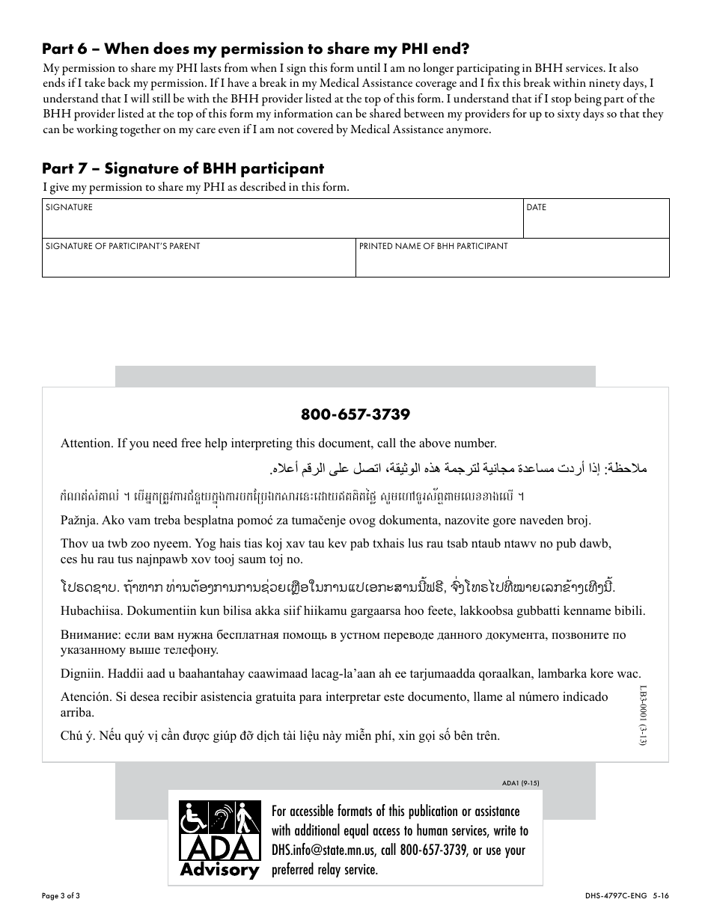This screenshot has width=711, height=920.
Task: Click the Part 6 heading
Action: (x=255, y=49)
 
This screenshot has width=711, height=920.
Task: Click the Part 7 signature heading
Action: (x=183, y=168)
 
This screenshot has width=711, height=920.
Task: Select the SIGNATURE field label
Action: (x=69, y=207)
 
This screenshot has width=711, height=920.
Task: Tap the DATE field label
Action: (x=536, y=207)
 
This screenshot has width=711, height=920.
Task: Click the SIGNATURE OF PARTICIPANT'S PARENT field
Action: (x=198, y=258)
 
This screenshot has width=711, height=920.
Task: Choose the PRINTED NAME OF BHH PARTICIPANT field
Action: (x=512, y=258)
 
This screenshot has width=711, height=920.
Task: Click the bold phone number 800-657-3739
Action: (x=355, y=414)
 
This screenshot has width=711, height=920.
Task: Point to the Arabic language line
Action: (x=457, y=469)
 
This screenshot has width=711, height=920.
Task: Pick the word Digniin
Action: (x=80, y=674)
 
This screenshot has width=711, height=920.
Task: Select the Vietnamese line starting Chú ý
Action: (x=280, y=735)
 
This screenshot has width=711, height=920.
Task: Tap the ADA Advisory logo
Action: (x=219, y=839)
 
